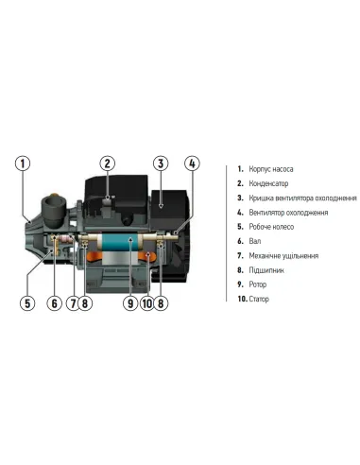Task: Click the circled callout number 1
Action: [x=23, y=164]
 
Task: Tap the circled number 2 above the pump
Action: [x=108, y=164]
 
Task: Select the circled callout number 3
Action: [x=161, y=164]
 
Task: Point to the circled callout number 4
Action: [x=192, y=164]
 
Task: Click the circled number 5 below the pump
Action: [x=27, y=303]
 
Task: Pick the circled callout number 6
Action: [x=55, y=303]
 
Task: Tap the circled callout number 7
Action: [x=73, y=303]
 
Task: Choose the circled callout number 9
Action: [x=130, y=303]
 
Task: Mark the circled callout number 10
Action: [x=146, y=303]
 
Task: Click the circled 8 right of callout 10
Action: [x=161, y=303]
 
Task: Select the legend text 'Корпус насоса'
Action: [x=271, y=169]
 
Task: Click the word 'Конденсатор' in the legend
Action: [x=268, y=183]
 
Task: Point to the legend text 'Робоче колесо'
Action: [x=271, y=227]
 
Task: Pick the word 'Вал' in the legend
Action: [x=255, y=241]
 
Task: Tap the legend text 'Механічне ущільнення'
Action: [x=283, y=256]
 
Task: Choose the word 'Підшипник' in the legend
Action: [x=266, y=270]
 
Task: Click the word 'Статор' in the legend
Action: [x=259, y=299]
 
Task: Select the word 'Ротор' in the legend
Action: [x=258, y=284]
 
